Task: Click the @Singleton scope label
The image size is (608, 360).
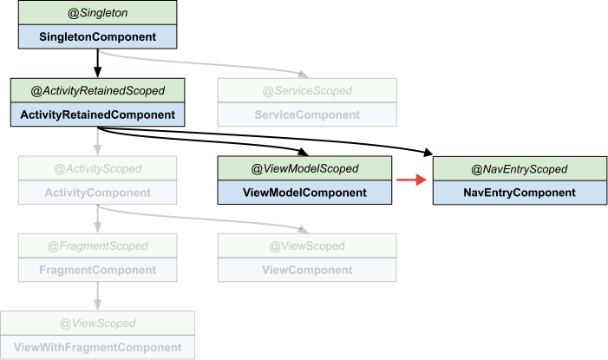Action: (97, 12)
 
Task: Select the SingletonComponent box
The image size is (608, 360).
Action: (97, 36)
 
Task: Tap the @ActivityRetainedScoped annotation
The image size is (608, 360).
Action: (97, 90)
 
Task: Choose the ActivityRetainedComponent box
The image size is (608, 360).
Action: (97, 115)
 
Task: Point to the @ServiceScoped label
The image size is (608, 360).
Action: (307, 90)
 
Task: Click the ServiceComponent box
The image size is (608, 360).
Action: (307, 115)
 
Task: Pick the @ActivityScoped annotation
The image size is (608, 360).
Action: (97, 168)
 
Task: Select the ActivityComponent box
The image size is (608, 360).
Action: (97, 193)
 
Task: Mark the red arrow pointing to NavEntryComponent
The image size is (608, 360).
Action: (412, 180)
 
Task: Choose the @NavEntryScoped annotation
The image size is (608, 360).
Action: (519, 168)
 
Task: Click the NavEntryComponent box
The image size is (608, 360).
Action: (519, 193)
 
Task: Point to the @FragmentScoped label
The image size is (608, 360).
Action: (97, 246)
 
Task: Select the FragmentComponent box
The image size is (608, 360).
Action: (97, 270)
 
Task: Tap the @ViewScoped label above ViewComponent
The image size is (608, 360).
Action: (307, 246)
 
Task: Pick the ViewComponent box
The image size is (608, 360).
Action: (307, 270)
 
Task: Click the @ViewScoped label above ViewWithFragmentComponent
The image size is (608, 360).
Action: (97, 324)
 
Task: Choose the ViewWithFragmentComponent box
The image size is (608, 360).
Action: (97, 348)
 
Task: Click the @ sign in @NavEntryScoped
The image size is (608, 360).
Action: (476, 169)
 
